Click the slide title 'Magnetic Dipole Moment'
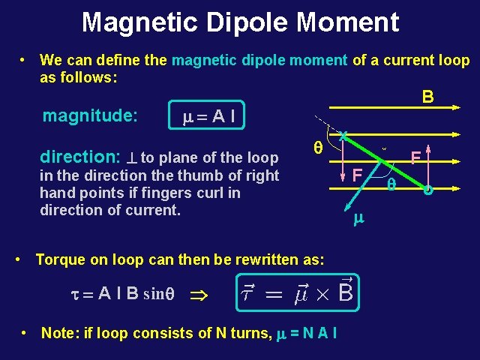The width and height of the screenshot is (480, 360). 240,22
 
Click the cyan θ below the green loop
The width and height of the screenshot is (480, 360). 391,183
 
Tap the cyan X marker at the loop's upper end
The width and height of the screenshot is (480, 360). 342,136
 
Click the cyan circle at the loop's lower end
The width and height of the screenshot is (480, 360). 428,188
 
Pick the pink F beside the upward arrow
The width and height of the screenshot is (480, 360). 413,157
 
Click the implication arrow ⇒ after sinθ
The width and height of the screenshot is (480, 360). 203,294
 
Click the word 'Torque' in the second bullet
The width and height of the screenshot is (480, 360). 60,260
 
